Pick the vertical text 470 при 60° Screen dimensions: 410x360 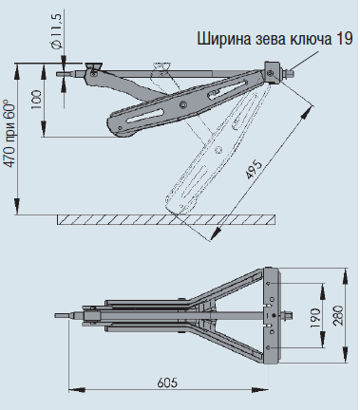point(10,135)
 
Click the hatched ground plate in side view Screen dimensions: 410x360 point(166,219)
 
